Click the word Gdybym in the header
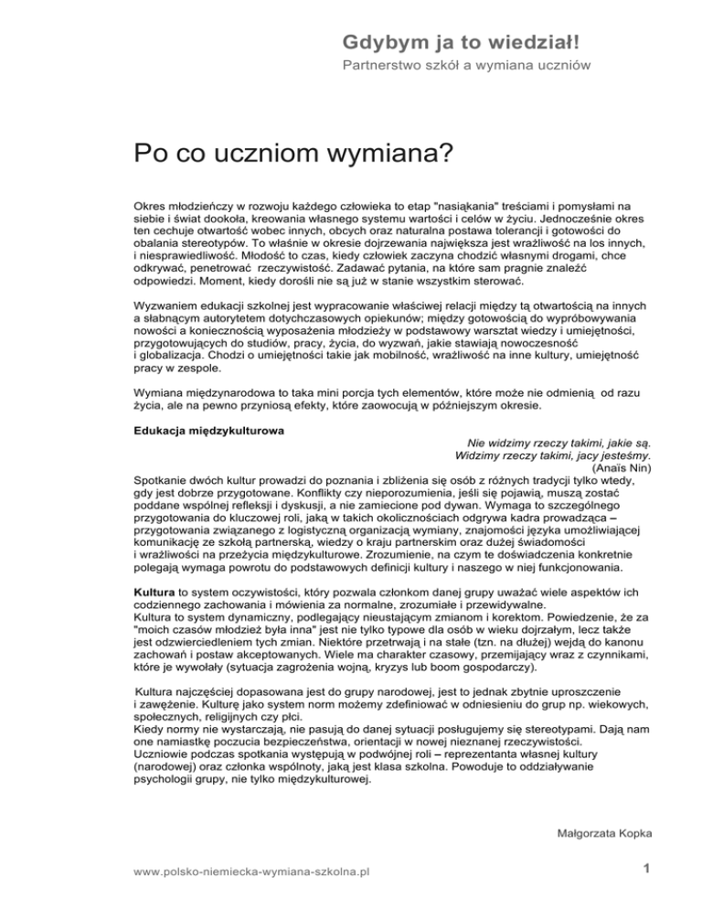(371, 42)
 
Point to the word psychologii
(165, 781)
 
